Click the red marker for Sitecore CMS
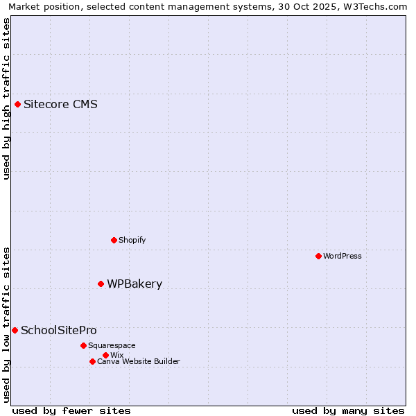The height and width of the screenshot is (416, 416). tap(17, 105)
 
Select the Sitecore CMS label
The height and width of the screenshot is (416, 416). tap(60, 105)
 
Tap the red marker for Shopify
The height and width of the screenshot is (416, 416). tap(114, 240)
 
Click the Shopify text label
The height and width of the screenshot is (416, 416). tap(132, 241)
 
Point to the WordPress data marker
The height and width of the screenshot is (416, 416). tap(318, 256)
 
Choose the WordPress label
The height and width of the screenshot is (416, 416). tap(343, 256)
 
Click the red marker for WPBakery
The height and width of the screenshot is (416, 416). tap(101, 284)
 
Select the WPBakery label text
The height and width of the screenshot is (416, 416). tap(135, 284)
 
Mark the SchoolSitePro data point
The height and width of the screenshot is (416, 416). tap(15, 330)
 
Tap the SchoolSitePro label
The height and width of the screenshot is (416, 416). tap(59, 330)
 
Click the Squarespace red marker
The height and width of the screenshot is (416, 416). tap(83, 345)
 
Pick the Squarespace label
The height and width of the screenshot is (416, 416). tap(112, 345)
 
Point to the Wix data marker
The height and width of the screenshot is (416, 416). tap(105, 355)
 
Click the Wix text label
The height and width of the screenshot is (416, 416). tap(116, 355)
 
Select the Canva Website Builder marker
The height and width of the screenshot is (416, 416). tap(92, 361)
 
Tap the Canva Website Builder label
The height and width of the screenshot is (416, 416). tap(139, 361)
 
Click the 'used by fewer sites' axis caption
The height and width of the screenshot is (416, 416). tap(71, 410)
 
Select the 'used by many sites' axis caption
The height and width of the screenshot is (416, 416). tap(347, 410)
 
